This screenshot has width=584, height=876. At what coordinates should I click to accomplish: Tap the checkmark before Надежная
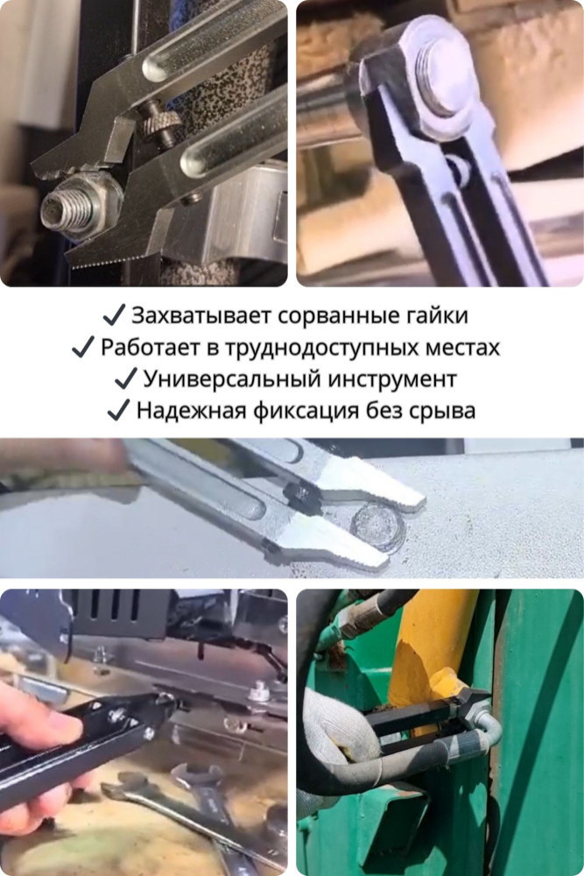point(118,411)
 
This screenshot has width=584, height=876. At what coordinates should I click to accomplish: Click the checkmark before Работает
point(83,348)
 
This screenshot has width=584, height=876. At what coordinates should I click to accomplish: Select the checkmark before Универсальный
point(125,378)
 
